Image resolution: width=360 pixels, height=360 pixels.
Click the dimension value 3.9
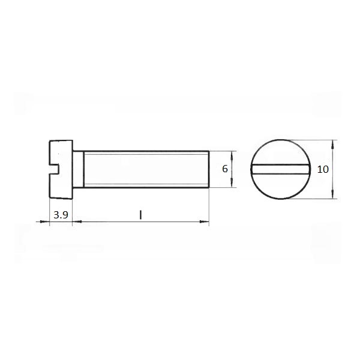coord(61,215)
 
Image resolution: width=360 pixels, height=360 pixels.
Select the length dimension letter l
coord(140,215)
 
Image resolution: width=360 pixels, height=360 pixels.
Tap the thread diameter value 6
coord(225,169)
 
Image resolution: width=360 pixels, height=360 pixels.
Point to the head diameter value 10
coord(323,169)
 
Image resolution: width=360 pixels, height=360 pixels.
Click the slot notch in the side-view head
coord(54,169)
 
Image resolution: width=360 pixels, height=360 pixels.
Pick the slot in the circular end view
coord(281,169)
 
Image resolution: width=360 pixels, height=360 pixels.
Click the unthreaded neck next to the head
coord(78,169)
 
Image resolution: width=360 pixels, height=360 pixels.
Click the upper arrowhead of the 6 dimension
coord(232,155)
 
